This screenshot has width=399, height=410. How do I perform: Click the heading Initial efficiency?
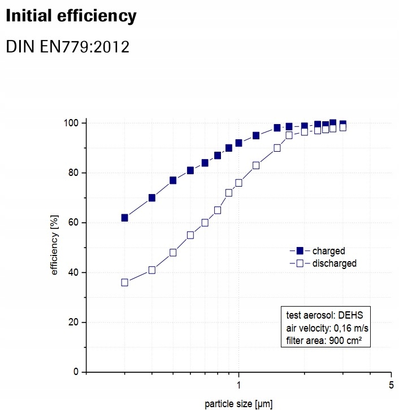pos(71,16)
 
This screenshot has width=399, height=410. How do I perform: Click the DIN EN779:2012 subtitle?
pos(67,46)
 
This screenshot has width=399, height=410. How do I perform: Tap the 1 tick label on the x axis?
pos(238,386)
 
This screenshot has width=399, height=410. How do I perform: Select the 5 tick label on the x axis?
pos(391,386)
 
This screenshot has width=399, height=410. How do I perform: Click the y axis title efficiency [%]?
pos(55,247)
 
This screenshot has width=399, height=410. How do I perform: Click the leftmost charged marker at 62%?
pos(124,218)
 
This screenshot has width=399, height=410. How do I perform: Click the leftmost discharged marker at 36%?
pos(124,283)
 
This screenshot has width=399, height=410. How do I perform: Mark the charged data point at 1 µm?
pos(238,143)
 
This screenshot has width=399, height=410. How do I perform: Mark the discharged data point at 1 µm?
pos(238,183)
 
